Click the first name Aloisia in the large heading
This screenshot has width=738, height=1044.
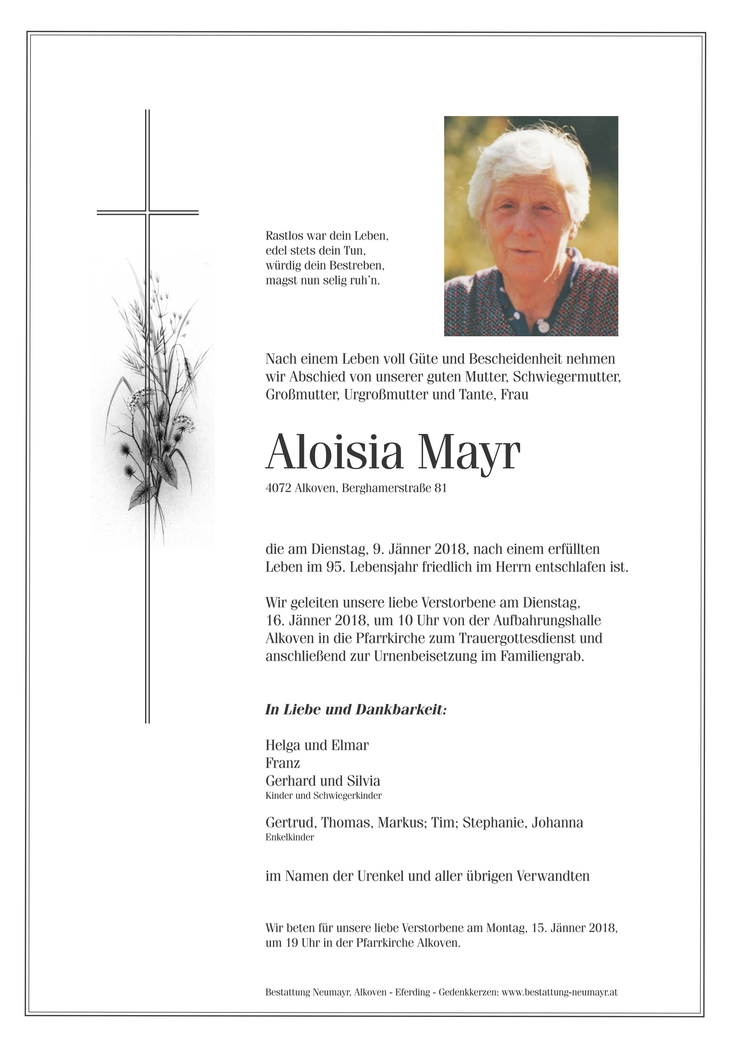[x=334, y=452]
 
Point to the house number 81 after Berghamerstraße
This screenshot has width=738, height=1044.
[x=440, y=488]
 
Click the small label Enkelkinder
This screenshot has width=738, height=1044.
[x=290, y=837]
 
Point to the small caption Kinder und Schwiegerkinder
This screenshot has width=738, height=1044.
[x=323, y=795]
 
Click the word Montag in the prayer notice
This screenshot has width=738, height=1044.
[x=505, y=928]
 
